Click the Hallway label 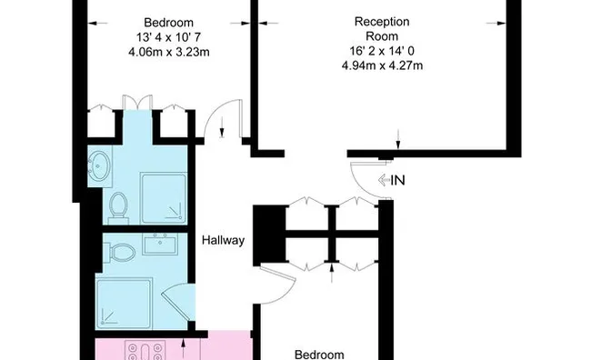click(223, 240)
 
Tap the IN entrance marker click(392, 180)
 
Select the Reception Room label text click(382, 29)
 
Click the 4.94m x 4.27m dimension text click(382, 65)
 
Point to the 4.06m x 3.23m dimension click(168, 52)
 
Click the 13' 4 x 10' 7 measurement click(168, 37)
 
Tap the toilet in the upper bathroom click(118, 208)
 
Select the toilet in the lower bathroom click(122, 253)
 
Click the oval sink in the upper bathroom click(100, 166)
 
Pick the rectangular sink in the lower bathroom click(160, 244)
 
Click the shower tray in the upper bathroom click(164, 198)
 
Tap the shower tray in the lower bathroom click(124, 304)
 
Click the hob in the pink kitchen click(145, 350)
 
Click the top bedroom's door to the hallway click(223, 120)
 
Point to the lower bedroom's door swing click(277, 284)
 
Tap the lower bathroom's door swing click(178, 302)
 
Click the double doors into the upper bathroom click(136, 102)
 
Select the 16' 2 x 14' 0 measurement click(382, 51)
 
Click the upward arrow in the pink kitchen click(184, 348)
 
